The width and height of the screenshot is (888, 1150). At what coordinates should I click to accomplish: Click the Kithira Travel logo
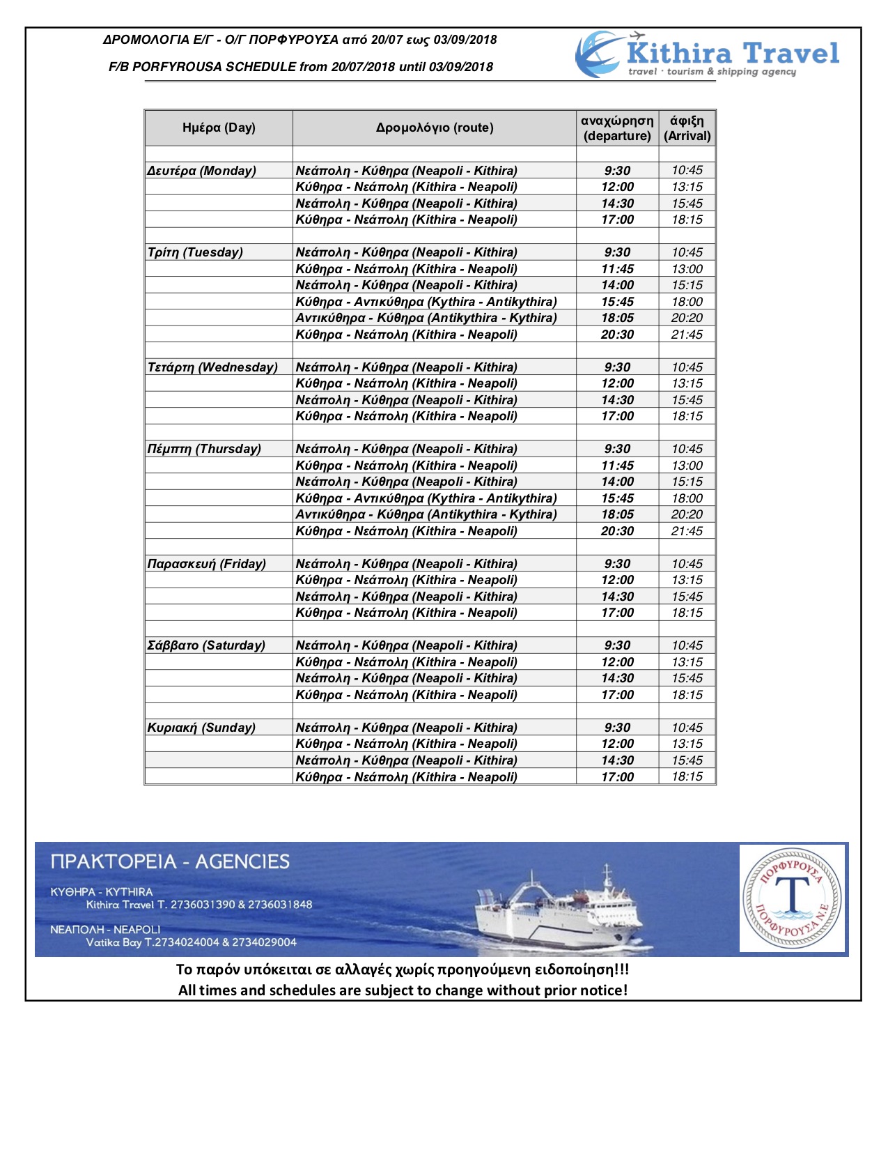[x=707, y=54]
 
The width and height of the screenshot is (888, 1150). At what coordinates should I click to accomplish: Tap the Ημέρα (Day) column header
[x=219, y=128]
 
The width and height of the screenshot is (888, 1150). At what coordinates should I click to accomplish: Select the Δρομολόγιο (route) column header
[x=435, y=128]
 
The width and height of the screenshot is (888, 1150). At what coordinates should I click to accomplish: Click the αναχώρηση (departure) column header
[x=617, y=128]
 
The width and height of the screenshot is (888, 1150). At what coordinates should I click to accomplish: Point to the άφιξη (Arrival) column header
[x=687, y=128]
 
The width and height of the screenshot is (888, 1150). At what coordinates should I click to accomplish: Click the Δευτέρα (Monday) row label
[x=202, y=171]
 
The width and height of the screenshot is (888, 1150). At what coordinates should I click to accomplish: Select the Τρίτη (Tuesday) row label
[x=196, y=252]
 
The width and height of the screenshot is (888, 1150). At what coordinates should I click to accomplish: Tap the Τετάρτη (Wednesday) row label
[x=212, y=367]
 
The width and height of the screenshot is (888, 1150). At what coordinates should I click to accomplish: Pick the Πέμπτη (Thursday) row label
[x=204, y=449]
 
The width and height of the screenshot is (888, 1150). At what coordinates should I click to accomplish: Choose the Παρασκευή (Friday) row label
[x=207, y=564]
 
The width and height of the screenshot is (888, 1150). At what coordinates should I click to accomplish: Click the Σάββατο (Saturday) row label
[x=206, y=645]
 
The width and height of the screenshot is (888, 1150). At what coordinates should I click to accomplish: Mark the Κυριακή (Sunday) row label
[x=201, y=728]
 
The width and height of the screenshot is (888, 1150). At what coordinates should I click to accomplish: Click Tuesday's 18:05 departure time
[x=617, y=318]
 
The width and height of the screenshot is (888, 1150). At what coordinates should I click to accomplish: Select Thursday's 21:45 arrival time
[x=687, y=531]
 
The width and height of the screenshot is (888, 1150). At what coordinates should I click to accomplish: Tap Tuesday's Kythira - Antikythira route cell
[x=426, y=302]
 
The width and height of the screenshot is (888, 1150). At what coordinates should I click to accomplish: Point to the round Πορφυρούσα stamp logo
[x=793, y=898]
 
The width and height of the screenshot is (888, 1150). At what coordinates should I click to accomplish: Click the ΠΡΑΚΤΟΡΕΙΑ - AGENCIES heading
[x=170, y=862]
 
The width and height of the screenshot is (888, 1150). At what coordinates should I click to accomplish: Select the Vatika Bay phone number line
[x=192, y=942]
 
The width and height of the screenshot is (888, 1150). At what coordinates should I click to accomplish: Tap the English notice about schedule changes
[x=403, y=990]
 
